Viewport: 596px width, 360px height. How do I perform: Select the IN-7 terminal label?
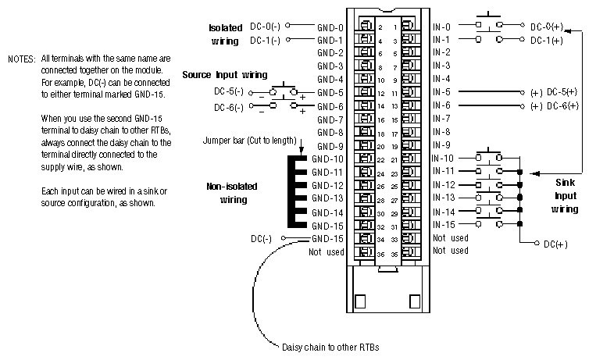441,119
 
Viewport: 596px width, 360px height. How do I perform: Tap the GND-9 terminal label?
330,145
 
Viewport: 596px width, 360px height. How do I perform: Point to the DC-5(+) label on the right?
562,92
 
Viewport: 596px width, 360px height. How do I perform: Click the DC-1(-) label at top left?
266,39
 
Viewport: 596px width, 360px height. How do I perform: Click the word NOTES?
21,59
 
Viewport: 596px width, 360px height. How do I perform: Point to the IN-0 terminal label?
441,26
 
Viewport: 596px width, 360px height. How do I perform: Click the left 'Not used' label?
326,251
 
